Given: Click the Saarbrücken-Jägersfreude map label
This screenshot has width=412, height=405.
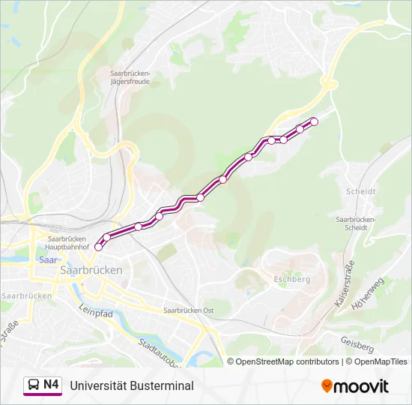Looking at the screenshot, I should pos(130,77).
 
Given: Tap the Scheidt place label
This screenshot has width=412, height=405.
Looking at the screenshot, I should pos(361,191).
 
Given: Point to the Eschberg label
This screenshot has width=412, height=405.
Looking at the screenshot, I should pos(292,279).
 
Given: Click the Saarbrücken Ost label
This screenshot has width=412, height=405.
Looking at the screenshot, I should pos(189,310).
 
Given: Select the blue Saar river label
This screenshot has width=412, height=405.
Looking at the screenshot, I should pos(46,260).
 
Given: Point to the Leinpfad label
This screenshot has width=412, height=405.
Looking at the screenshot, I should pos(95,313).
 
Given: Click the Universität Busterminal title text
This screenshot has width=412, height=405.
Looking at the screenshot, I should pos(132,385).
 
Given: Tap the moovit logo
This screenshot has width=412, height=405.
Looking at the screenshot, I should pos(355,386).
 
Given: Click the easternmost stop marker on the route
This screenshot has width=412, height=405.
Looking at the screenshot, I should pos(314,121).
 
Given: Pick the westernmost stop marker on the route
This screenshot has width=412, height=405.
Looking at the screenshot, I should pos(98,247).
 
